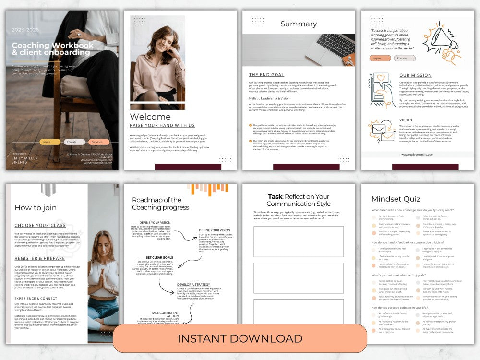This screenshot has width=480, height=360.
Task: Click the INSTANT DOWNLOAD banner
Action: point(240,338)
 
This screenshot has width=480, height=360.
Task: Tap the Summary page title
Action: point(299,24)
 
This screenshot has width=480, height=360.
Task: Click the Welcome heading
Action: point(150,117)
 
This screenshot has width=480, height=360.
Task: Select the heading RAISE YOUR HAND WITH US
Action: point(162,126)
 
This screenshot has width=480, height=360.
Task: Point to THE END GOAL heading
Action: point(266,75)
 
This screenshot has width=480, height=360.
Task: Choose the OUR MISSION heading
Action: point(415,75)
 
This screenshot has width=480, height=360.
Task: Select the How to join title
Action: point(36,208)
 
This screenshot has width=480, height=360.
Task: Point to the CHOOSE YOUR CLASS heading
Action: point(40,225)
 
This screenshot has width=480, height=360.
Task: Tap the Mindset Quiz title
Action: point(396,199)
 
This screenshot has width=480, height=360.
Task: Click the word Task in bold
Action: point(276,196)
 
